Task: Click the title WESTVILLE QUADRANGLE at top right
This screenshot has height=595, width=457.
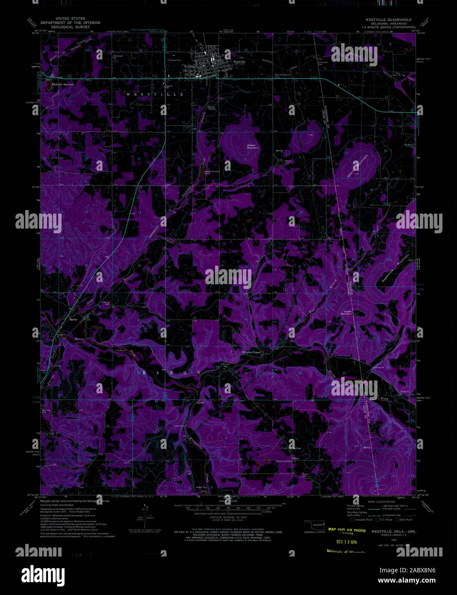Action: (388, 20)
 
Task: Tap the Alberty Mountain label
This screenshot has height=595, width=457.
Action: (252, 146)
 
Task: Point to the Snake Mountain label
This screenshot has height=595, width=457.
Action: (346, 312)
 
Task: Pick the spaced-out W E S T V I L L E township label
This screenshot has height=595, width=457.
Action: (154, 94)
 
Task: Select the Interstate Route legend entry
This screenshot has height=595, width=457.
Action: (361, 519)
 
